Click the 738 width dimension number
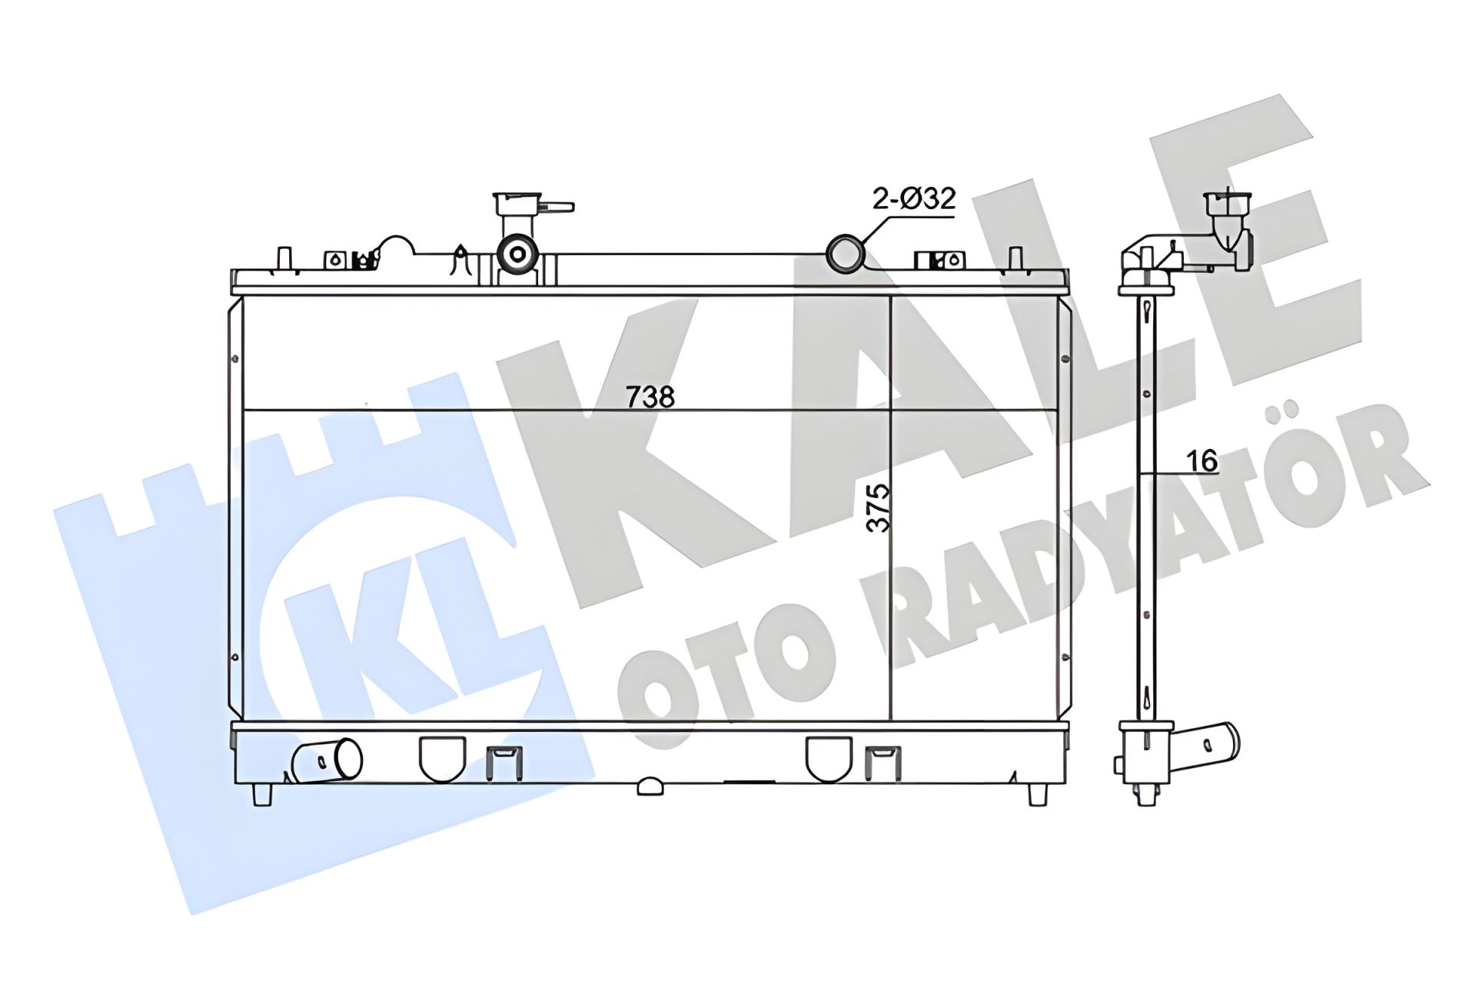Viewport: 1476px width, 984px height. (650, 397)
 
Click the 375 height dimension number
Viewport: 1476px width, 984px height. (878, 507)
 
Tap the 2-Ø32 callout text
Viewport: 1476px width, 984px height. (913, 198)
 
